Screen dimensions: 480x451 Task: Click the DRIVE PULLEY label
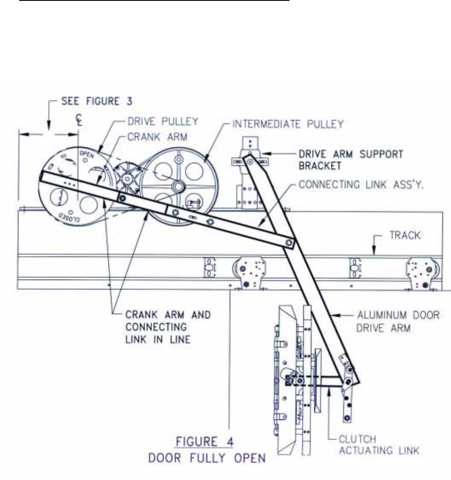pos(163,121)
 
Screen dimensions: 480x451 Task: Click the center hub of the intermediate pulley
pos(178,186)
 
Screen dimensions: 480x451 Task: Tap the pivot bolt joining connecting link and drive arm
pos(289,243)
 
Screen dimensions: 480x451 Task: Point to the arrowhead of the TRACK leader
pos(374,254)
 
